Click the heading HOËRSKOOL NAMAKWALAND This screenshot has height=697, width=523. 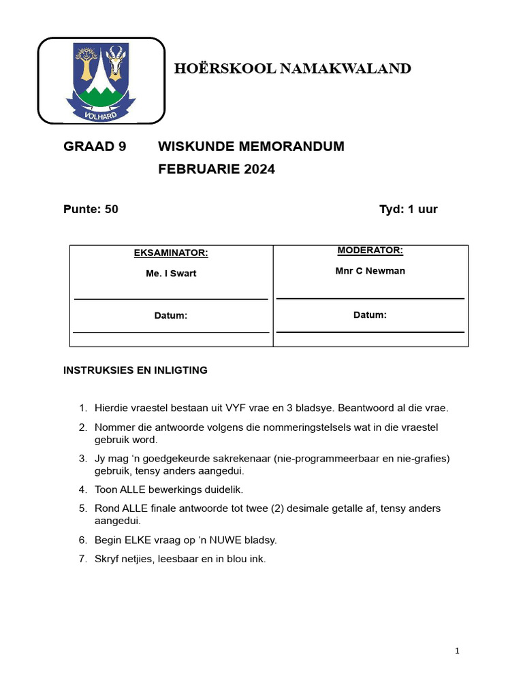292,68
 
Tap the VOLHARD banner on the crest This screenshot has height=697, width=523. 100,115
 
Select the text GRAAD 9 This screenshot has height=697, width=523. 95,146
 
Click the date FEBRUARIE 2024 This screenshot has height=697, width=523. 217,169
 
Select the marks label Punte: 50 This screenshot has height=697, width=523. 91,209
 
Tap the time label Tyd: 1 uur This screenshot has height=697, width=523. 408,209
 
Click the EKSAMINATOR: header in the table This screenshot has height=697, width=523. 171,253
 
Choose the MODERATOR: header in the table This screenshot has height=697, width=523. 370,250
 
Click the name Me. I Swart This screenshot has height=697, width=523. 171,274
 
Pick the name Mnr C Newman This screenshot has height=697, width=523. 370,271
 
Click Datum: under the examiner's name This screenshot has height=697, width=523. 171,316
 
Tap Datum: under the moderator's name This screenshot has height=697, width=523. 370,315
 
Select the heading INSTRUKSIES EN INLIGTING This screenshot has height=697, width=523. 136,370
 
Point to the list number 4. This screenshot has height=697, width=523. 82,489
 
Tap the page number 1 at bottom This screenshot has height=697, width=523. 457,651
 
